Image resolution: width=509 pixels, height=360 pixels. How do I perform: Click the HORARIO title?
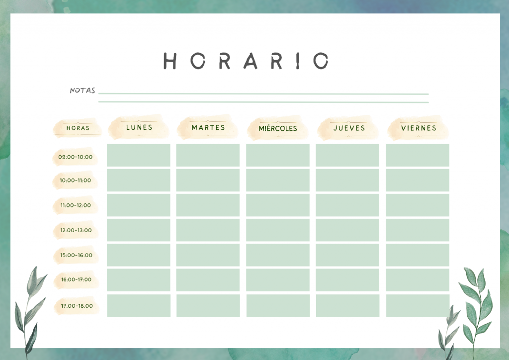click(246, 61)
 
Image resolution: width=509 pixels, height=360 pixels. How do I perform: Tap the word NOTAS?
click(83, 90)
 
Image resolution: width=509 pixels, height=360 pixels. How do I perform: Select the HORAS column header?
click(78, 128)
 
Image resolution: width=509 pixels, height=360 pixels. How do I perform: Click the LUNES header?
click(139, 127)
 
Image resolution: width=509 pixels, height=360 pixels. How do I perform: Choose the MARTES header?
click(208, 128)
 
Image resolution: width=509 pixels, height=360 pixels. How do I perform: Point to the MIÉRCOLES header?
click(278, 128)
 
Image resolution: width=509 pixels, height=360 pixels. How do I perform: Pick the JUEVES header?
click(349, 128)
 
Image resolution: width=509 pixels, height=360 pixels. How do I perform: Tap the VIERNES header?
click(419, 128)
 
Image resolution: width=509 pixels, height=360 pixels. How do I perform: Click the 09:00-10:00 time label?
click(76, 157)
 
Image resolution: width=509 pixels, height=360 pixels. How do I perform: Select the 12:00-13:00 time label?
click(76, 230)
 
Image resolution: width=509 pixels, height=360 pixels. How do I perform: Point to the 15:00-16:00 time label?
click(76, 255)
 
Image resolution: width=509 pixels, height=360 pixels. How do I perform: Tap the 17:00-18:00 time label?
click(77, 306)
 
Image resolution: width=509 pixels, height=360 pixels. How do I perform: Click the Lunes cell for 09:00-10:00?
click(139, 155)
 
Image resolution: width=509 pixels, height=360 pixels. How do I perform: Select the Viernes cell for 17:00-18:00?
click(418, 305)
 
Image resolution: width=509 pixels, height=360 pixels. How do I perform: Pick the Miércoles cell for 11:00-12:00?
click(278, 205)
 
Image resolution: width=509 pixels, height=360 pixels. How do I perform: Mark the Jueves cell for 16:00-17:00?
click(347, 280)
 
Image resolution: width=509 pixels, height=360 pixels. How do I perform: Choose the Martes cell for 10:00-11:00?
click(208, 180)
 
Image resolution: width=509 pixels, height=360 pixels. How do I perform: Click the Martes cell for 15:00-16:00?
click(208, 255)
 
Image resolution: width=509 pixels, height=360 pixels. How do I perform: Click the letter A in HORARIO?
click(251, 61)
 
